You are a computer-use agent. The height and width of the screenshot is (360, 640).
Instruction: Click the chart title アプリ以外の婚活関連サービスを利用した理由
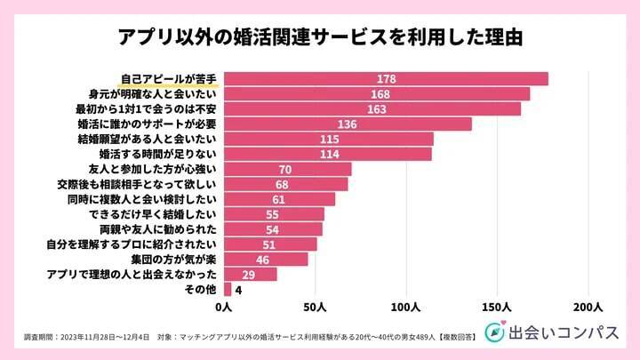pos(319,38)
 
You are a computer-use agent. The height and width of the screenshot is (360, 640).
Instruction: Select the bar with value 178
pos(386,79)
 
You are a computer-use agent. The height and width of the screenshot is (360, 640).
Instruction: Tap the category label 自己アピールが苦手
pos(168,79)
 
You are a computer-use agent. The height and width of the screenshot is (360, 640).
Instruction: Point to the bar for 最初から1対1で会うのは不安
pos(372,109)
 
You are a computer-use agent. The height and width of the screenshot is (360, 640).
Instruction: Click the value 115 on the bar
pos(330,140)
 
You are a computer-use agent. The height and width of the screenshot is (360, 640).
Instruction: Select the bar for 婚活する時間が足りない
pos(328,155)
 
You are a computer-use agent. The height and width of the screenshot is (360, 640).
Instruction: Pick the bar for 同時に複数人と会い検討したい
pos(280,199)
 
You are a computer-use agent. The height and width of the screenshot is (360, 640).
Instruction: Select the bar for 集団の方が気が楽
pos(266,260)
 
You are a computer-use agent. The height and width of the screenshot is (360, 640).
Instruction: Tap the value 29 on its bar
pos(250,275)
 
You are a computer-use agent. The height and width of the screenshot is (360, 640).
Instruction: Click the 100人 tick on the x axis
pos(406,308)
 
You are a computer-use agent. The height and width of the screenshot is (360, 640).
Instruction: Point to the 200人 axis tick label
pos(588,308)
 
